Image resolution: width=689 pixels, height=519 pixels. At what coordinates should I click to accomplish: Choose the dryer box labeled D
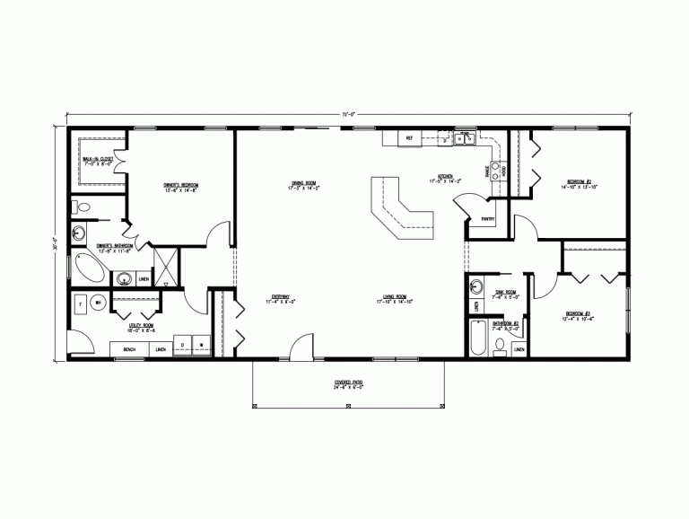pos(183,345)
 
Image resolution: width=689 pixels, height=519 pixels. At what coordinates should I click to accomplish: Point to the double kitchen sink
pos(463,138)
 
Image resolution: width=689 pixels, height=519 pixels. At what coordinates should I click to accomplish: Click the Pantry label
pos(488,219)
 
